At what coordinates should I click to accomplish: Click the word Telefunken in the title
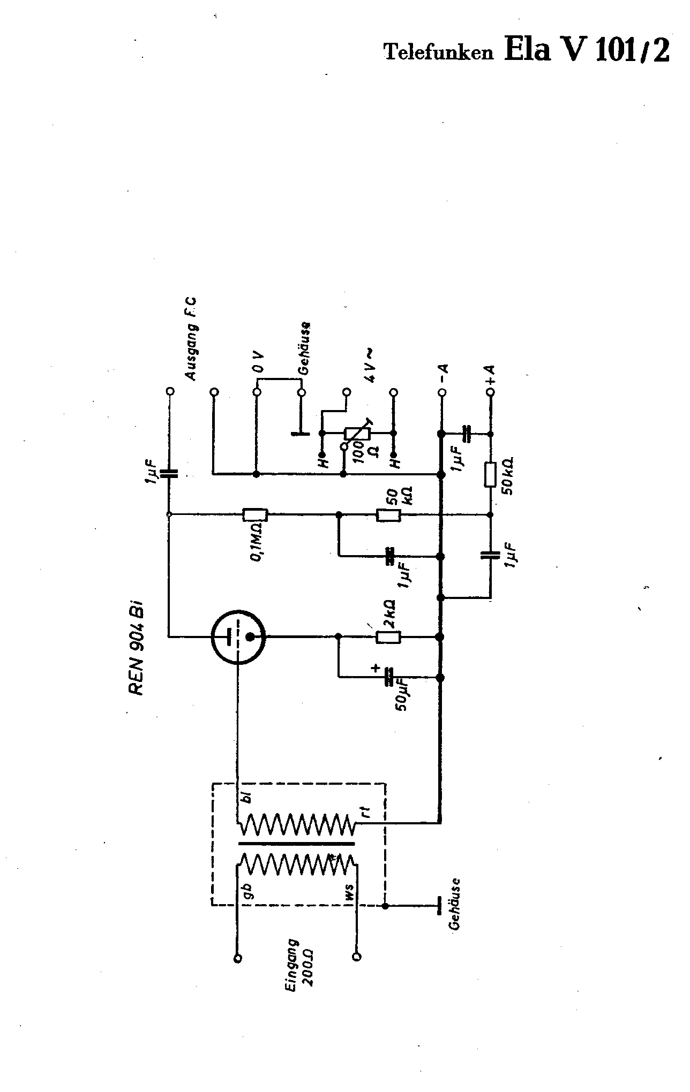pos(439,52)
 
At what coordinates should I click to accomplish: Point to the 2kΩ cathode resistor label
pos(391,613)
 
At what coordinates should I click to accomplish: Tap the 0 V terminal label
pos(259,362)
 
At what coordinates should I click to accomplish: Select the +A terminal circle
pos(490,392)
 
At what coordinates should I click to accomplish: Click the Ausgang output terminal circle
pos(170,391)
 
